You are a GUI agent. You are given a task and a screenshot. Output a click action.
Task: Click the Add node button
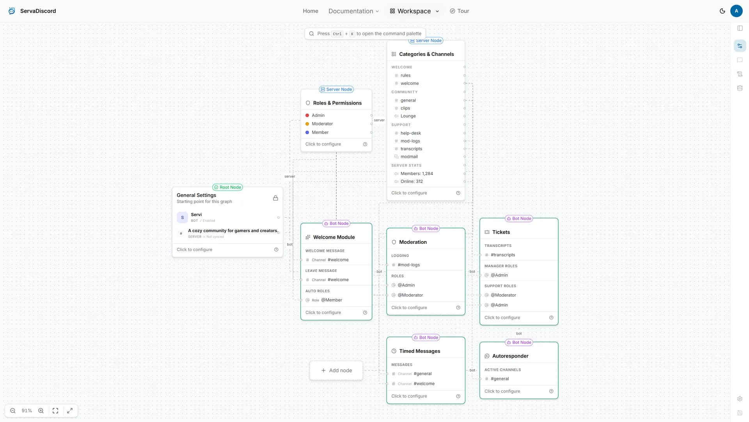point(336,370)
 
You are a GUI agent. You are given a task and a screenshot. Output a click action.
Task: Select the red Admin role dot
point(307,115)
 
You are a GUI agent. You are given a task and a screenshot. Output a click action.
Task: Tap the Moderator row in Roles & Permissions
point(322,124)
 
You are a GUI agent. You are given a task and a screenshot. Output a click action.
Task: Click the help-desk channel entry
point(411,133)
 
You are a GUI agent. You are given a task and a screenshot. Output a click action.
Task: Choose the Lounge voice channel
point(408,116)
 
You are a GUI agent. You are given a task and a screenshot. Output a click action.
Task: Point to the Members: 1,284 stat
point(417,173)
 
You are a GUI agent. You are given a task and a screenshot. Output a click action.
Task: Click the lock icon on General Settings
point(275,198)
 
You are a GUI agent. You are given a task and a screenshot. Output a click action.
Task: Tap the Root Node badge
point(227,187)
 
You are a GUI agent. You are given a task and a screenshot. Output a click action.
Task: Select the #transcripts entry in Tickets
point(503,255)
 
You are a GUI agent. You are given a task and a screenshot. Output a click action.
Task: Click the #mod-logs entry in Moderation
point(409,265)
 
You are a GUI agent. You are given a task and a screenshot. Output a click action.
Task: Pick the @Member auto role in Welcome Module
point(332,300)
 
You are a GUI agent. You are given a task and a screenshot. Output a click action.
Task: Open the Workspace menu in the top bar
point(414,11)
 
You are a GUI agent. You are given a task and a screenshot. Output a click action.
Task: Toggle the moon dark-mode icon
point(722,11)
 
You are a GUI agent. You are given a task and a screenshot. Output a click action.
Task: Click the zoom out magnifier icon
point(13,411)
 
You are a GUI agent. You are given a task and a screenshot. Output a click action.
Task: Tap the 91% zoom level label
point(27,411)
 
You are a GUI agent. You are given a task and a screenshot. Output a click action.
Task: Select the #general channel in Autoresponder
point(500,379)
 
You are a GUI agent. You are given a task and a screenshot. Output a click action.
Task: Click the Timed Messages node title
point(420,351)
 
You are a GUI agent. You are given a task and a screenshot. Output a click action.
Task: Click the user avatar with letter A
point(737,11)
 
